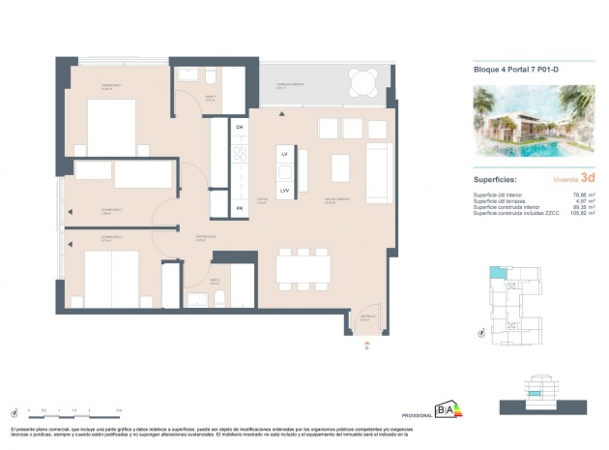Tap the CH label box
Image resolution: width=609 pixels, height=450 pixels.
(x=239, y=128)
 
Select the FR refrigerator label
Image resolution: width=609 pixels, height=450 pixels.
(x=239, y=208)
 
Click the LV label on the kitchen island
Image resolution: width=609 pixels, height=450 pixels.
(x=285, y=155)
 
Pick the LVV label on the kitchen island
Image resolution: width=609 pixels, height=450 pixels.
(x=285, y=191)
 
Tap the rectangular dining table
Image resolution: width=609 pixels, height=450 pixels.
(x=304, y=266)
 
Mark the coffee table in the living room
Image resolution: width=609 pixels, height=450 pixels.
(x=340, y=165)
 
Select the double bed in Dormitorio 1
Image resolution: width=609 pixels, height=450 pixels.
(x=109, y=127)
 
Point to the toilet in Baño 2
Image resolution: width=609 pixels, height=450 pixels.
(x=218, y=296)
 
